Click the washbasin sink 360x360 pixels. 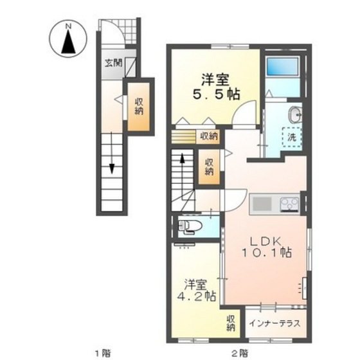pos(296,116)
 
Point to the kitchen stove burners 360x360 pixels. pos(287,205)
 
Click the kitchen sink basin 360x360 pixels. pos(262,205)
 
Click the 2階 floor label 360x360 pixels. pos(239,352)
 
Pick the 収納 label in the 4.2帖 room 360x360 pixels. pos(230,324)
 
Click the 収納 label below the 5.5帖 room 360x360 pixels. pos(208,136)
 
